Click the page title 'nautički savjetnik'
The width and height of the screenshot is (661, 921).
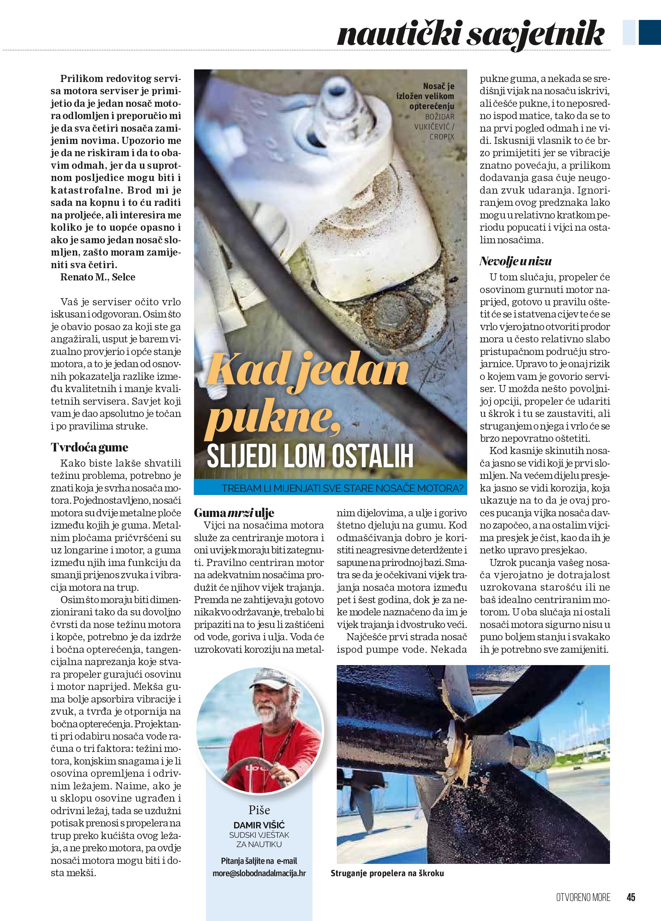(470, 34)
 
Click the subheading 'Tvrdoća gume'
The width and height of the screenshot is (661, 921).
(89, 448)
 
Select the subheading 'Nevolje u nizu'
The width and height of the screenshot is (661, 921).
(515, 261)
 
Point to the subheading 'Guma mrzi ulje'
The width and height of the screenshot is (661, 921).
(234, 513)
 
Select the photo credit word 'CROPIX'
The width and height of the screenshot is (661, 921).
(442, 137)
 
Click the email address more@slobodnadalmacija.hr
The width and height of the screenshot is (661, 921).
(259, 873)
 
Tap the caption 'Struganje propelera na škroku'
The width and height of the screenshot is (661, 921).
(387, 873)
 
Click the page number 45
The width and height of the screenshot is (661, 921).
(631, 897)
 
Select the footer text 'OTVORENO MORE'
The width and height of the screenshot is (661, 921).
(583, 897)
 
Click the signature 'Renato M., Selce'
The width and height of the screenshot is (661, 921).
(98, 277)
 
